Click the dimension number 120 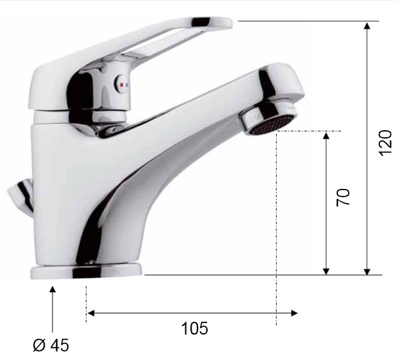click(385, 143)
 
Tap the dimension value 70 click(342, 197)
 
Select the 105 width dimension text click(194, 328)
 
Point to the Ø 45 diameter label click(50, 345)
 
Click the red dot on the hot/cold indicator click(122, 85)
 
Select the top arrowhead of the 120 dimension click(367, 26)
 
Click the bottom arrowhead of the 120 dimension click(367, 271)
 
